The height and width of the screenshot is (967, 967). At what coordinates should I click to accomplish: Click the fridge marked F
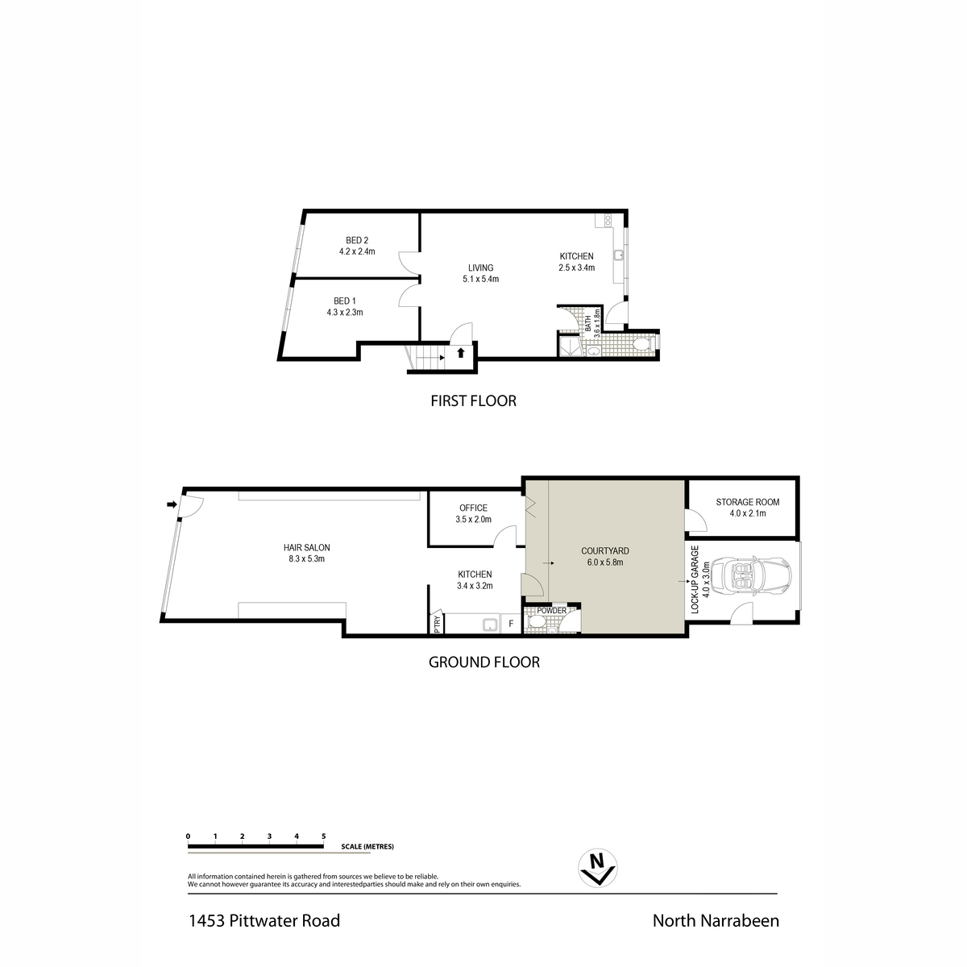pyautogui.click(x=511, y=624)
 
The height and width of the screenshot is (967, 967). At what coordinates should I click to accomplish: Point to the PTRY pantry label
pyautogui.click(x=437, y=623)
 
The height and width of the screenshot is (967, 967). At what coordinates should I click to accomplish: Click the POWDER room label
pyautogui.click(x=551, y=611)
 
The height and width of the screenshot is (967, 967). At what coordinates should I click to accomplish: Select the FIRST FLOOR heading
pyautogui.click(x=473, y=401)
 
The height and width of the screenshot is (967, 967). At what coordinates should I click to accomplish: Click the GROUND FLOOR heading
pyautogui.click(x=483, y=662)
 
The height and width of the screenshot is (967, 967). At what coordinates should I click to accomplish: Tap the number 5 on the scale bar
pyautogui.click(x=324, y=836)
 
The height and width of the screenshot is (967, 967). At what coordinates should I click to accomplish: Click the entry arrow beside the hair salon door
pyautogui.click(x=172, y=504)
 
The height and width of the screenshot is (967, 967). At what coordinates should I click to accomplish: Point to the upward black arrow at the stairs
pyautogui.click(x=461, y=353)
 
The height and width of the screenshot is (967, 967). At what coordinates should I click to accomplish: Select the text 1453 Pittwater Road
pyautogui.click(x=264, y=921)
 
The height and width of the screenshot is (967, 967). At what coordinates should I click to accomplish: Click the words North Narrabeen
pyautogui.click(x=716, y=921)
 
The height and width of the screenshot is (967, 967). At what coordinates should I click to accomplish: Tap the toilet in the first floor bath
pyautogui.click(x=641, y=344)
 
